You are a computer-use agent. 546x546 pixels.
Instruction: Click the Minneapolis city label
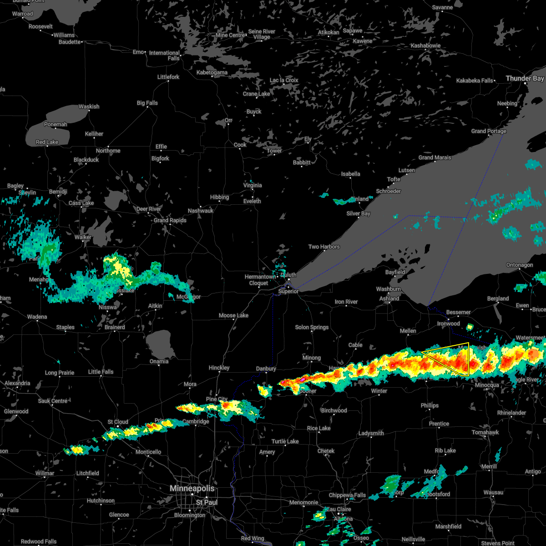192,488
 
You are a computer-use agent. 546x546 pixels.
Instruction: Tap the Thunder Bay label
525,79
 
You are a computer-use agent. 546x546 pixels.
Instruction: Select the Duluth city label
288,275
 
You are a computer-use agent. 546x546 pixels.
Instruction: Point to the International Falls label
164,56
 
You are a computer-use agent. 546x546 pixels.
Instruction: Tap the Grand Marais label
435,157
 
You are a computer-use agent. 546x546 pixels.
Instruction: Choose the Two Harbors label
324,247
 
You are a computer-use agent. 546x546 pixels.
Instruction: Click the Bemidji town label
58,192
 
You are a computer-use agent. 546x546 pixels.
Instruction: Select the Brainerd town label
115,327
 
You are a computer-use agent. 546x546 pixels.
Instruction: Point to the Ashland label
389,298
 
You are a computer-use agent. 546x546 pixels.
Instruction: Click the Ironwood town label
449,324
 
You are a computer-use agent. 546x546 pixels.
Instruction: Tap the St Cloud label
118,422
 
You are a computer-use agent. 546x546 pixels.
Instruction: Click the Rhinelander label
512,413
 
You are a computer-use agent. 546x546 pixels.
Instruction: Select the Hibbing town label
219,197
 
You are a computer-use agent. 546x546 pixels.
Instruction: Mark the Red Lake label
47,142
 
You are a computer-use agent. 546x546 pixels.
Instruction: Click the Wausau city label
494,492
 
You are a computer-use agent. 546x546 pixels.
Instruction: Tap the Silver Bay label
359,213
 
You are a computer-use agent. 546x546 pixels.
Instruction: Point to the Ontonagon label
520,265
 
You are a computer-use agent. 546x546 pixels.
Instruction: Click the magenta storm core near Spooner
302,379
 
